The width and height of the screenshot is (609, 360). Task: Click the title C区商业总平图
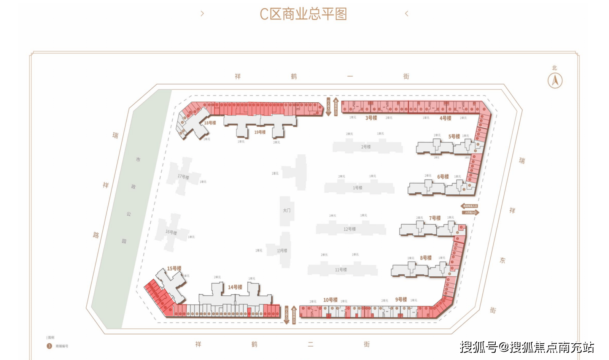(x=303, y=14)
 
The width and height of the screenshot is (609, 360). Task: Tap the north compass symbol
(x=555, y=80)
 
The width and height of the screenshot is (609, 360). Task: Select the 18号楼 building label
(x=210, y=123)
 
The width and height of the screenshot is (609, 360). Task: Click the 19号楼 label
(x=260, y=132)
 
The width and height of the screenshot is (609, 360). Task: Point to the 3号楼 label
(x=371, y=118)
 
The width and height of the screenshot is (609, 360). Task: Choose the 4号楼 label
(x=445, y=118)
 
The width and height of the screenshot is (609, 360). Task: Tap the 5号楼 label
(x=454, y=136)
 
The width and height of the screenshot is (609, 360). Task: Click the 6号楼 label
(x=443, y=177)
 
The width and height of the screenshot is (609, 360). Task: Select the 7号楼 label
(x=435, y=218)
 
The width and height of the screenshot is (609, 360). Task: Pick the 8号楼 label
(x=426, y=258)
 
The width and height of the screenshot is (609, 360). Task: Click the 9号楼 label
(x=401, y=300)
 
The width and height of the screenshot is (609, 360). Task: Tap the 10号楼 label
(x=330, y=300)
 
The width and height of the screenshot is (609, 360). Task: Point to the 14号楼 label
(x=235, y=287)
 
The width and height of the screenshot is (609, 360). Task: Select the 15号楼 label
(x=174, y=268)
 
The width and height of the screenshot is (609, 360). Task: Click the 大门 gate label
(x=286, y=210)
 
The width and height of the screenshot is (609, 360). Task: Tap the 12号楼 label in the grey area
(x=350, y=229)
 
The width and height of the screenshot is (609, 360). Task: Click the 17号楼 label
(x=183, y=177)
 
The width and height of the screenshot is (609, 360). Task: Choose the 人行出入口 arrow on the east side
(x=471, y=213)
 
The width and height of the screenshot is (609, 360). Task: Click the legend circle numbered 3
(x=49, y=346)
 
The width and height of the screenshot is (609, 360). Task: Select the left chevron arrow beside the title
(x=202, y=14)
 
